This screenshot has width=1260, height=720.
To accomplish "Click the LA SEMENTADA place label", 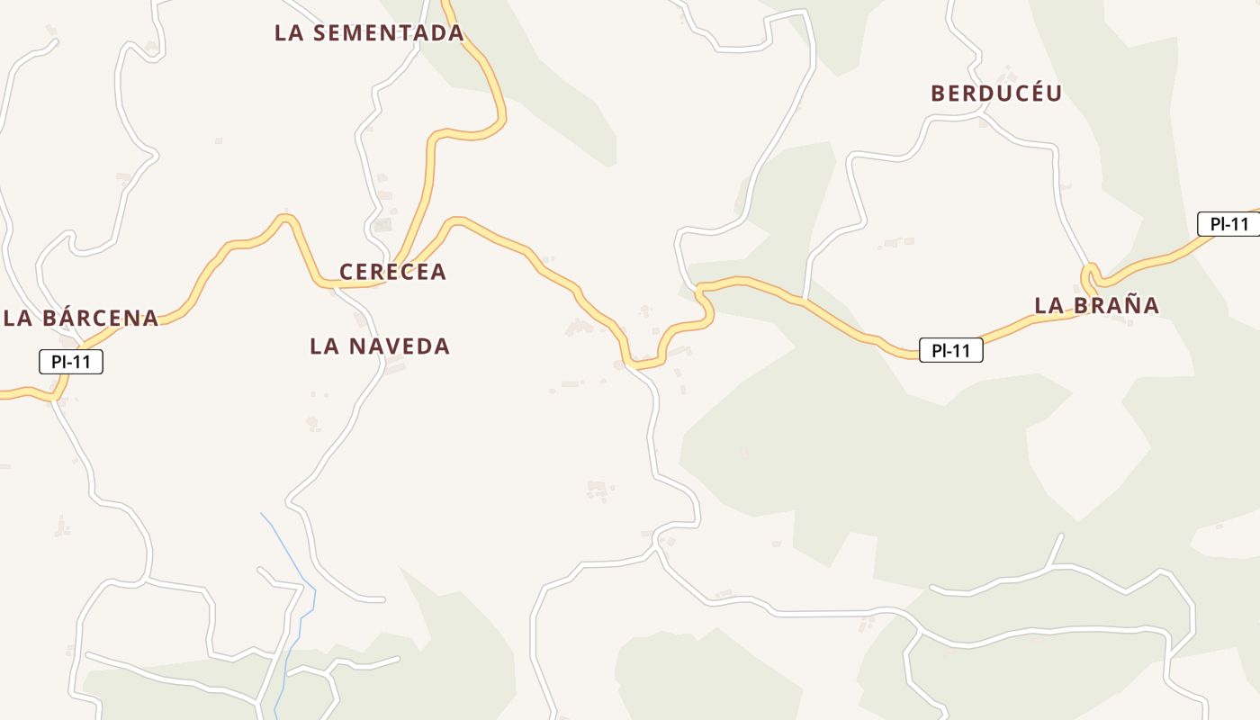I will click(369, 33).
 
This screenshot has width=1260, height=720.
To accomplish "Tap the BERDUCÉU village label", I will click(996, 93).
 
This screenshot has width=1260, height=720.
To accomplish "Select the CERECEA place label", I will click(392, 272).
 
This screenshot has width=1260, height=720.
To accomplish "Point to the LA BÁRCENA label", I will click(81, 319).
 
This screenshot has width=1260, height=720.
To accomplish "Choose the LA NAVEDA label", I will click(380, 346).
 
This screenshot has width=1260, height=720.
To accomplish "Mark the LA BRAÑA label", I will click(1096, 306).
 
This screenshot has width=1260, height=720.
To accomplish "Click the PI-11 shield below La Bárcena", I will click(71, 362).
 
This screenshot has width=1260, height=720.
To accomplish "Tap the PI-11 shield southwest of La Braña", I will click(950, 350).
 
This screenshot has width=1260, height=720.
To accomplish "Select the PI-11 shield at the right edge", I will click(1228, 224).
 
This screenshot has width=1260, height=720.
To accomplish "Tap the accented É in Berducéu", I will click(1031, 92).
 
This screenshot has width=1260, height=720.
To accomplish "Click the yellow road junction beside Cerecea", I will click(389, 281).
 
